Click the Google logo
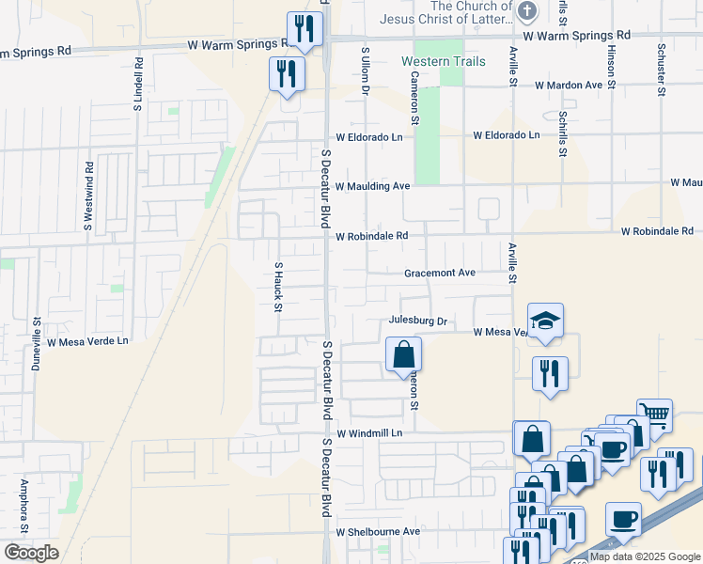pyautogui.click(x=31, y=553)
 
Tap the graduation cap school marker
pyautogui.click(x=545, y=321)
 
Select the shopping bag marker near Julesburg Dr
pyautogui.click(x=403, y=355)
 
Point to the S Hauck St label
pyautogui.click(x=278, y=282)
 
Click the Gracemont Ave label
pyautogui.click(x=440, y=273)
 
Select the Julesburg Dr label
pyautogui.click(x=416, y=321)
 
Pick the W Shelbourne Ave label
pyautogui.click(x=378, y=531)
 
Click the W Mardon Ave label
pyautogui.click(x=568, y=85)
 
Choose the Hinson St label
pyautogui.click(x=611, y=67)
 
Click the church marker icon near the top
pyautogui.click(x=527, y=12)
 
